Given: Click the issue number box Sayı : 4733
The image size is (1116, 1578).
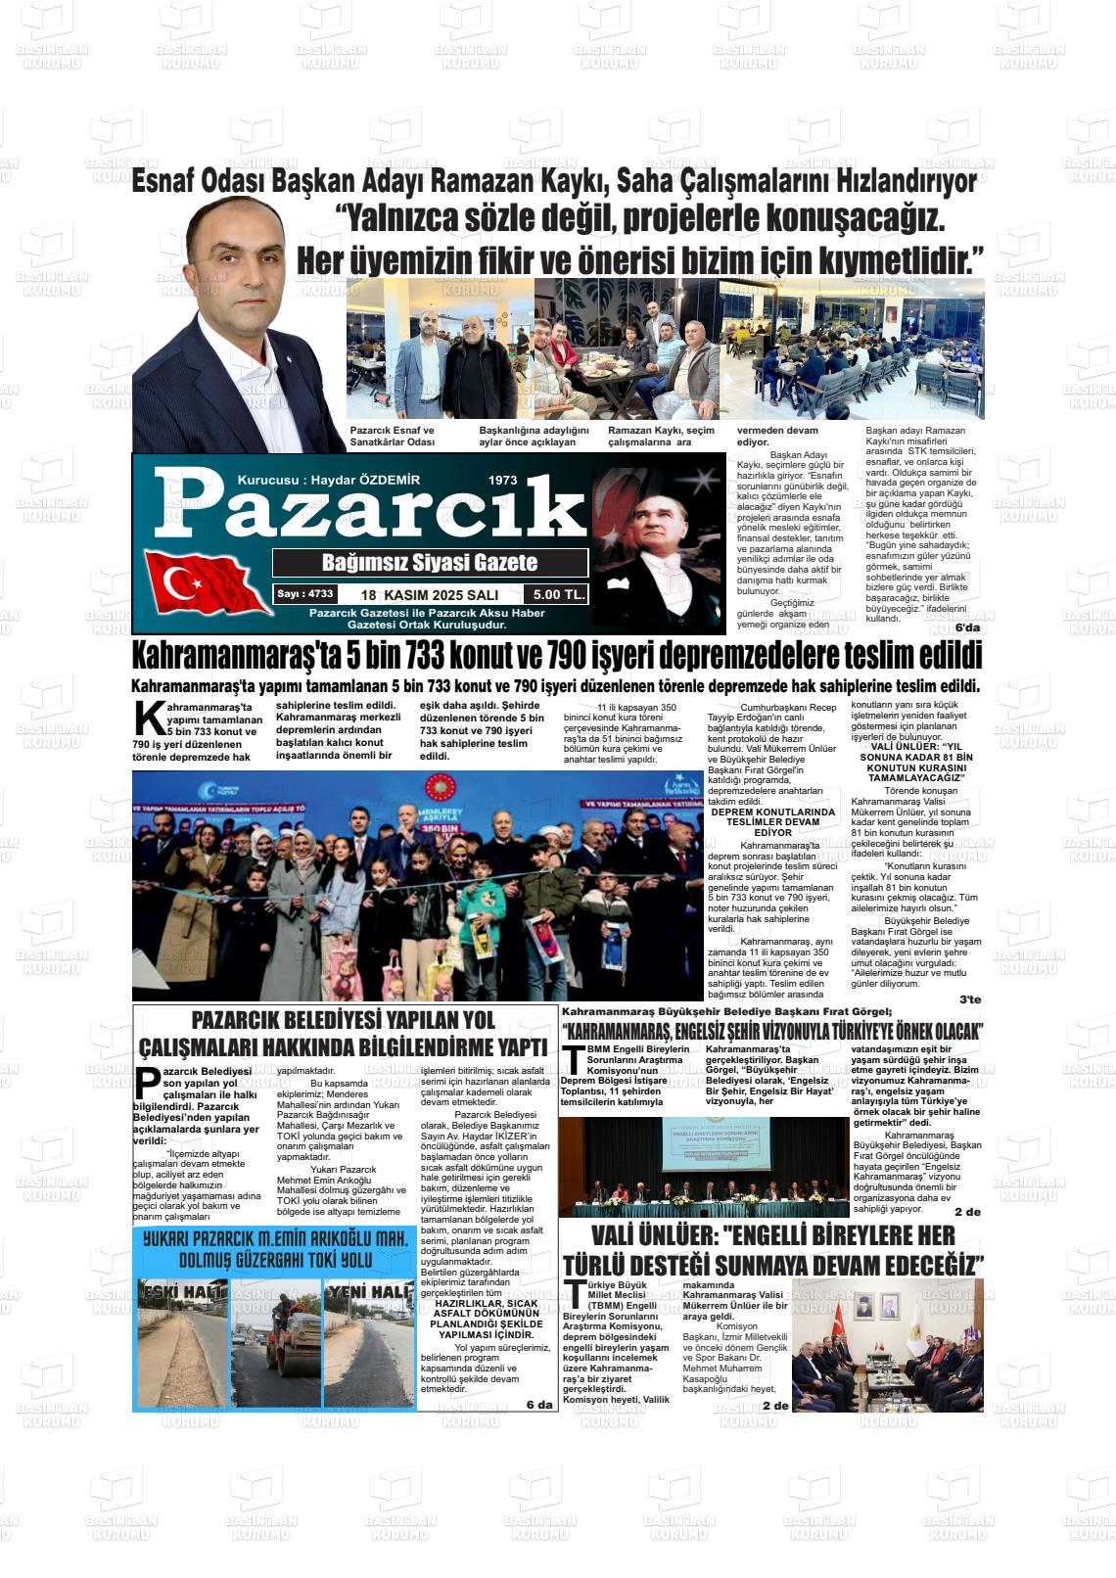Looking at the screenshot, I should (304, 594).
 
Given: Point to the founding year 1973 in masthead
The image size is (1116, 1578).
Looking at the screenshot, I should (502, 481).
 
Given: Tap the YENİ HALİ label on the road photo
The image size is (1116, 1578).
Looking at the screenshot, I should (369, 1292).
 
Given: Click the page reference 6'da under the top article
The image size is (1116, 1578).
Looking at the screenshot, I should (966, 627).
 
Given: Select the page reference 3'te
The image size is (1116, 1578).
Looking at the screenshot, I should (969, 999).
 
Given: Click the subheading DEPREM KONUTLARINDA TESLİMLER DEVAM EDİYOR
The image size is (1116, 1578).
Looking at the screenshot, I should (772, 822).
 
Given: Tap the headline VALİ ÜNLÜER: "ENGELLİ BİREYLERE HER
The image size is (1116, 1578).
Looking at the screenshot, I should (772, 1235).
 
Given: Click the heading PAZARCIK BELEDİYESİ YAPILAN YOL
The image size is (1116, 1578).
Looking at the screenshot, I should (343, 1020).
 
